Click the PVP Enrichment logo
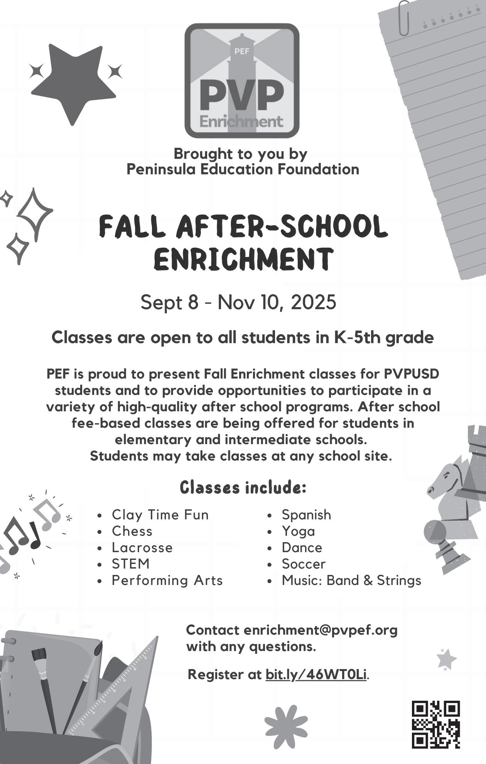click(x=242, y=81)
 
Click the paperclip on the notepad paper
click(x=404, y=18)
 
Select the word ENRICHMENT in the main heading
click(x=243, y=259)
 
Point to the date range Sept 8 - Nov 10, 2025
click(x=238, y=302)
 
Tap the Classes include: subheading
click(x=243, y=488)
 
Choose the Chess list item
click(x=132, y=531)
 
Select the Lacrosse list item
click(x=142, y=548)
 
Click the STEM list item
click(x=130, y=564)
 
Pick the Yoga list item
click(x=298, y=531)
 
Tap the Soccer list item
click(x=304, y=564)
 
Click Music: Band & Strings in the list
click(x=351, y=580)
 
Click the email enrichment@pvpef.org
click(x=320, y=630)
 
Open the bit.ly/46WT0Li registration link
click(x=316, y=674)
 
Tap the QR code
click(x=436, y=724)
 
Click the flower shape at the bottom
click(x=286, y=722)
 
